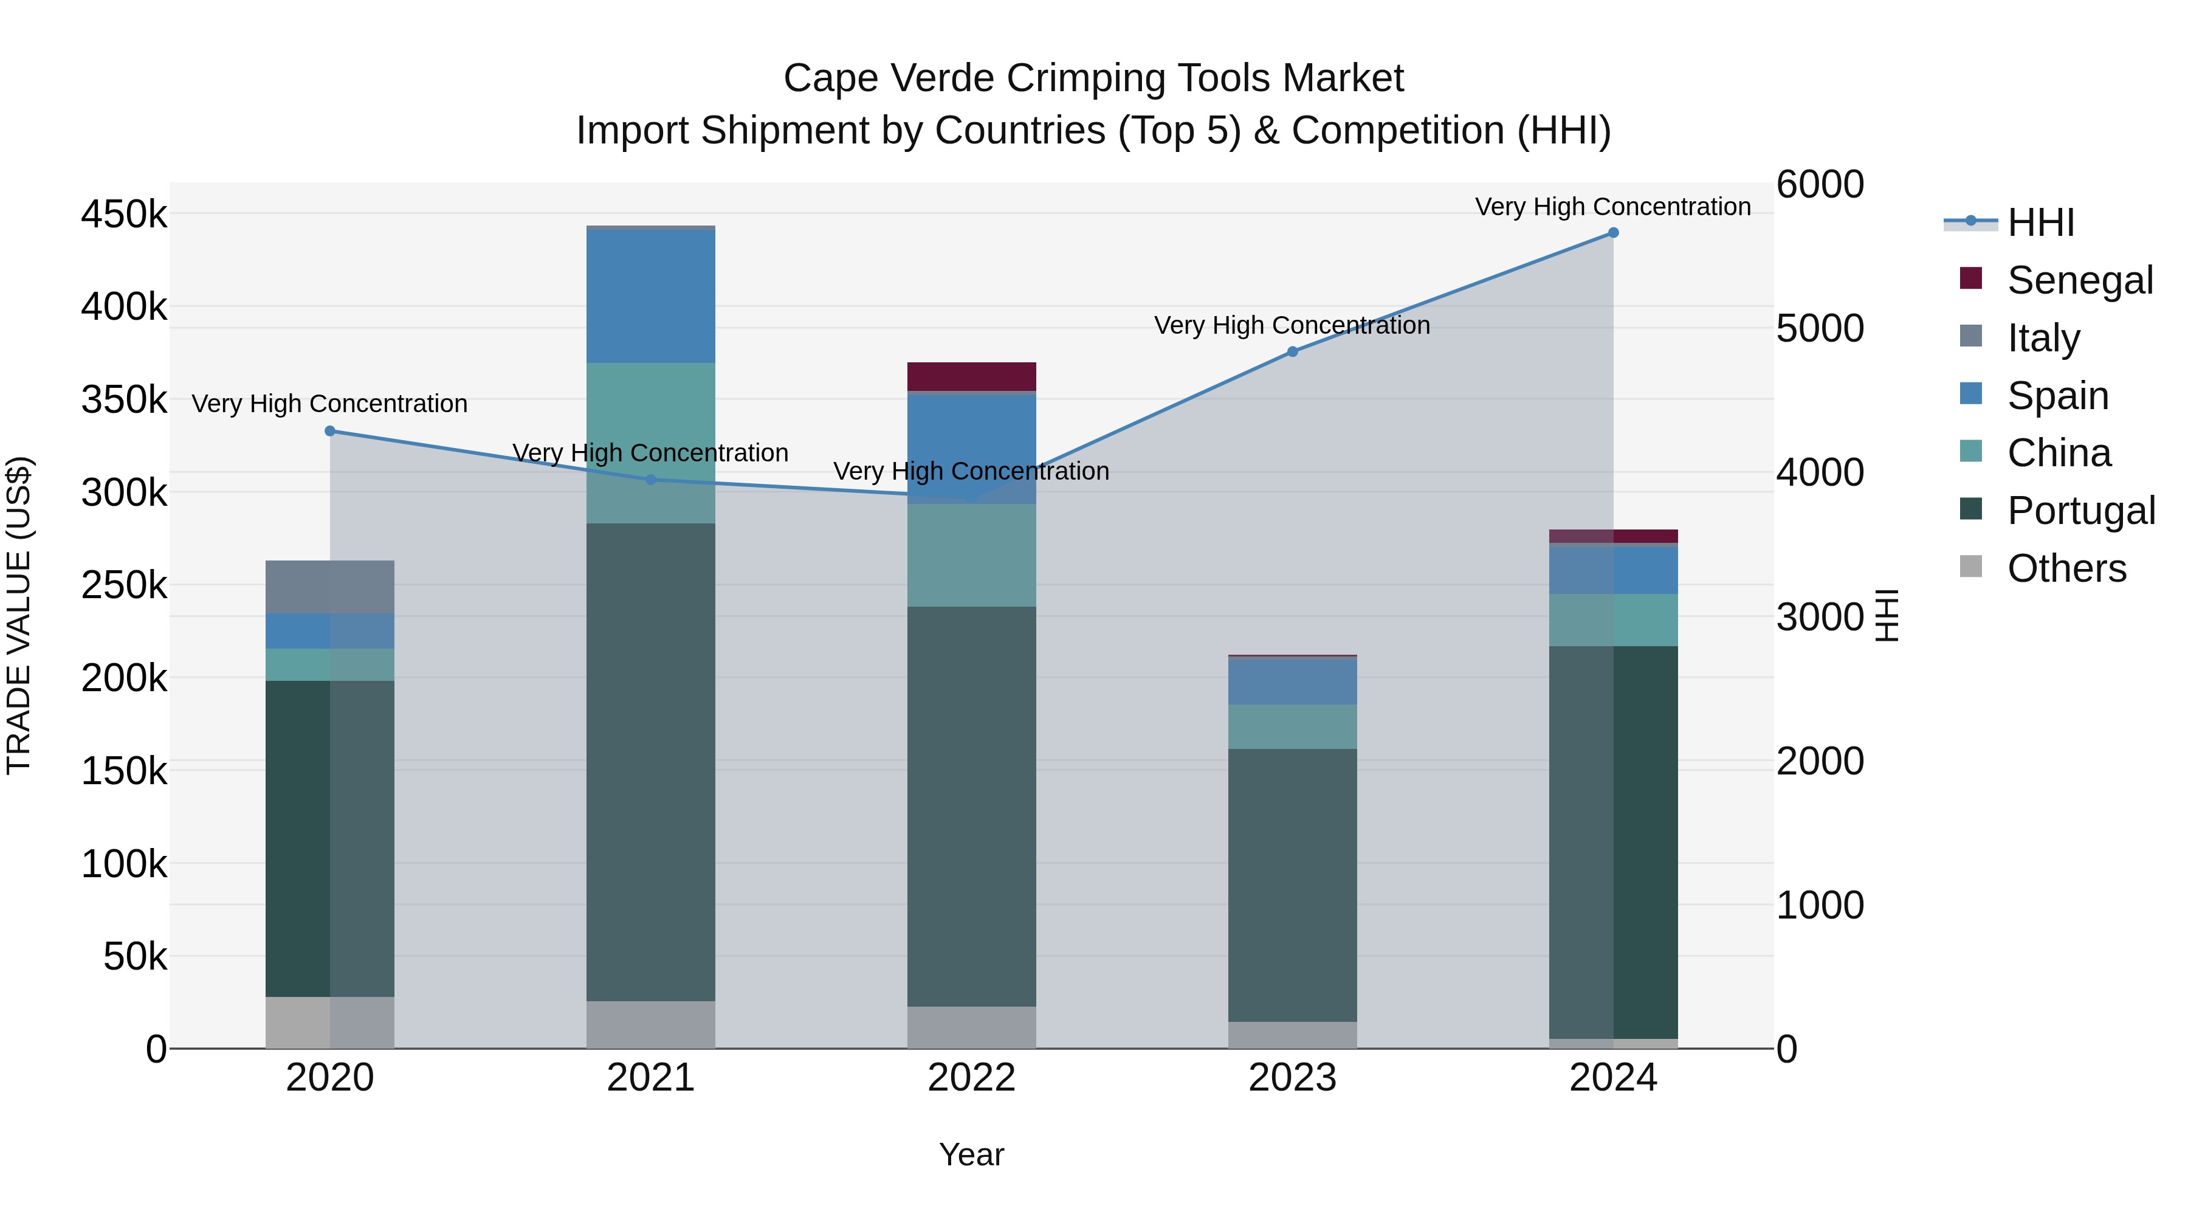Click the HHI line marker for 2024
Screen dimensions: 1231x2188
(1613, 233)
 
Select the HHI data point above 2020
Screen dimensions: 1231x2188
(331, 432)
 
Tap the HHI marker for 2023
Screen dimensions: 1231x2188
(1293, 352)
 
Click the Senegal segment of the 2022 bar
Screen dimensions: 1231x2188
(972, 376)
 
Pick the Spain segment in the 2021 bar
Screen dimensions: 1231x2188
(650, 297)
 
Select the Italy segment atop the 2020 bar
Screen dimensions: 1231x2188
(331, 587)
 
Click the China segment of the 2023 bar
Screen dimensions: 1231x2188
(1293, 726)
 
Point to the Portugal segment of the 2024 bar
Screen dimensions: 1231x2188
(1613, 841)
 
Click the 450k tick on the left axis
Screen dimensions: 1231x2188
(124, 214)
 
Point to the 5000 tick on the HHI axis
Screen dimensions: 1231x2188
(1819, 329)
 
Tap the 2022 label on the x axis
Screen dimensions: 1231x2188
(972, 1078)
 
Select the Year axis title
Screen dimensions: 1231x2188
(972, 1154)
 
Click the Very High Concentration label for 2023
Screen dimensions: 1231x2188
(1292, 325)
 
